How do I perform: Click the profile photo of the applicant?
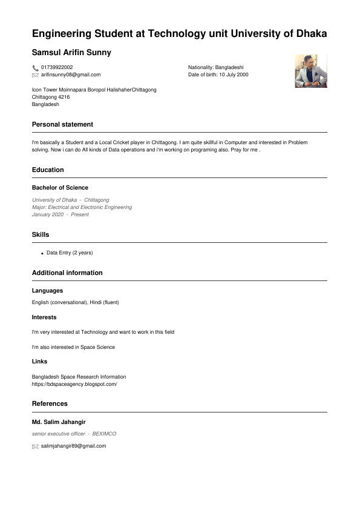pyautogui.click(x=310, y=71)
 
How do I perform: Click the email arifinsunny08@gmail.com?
pyautogui.click(x=71, y=75)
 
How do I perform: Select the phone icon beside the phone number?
pyautogui.click(x=35, y=68)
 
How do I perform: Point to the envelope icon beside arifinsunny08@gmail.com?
pyautogui.click(x=35, y=75)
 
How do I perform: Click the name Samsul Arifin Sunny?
pyautogui.click(x=71, y=53)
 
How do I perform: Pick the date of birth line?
pyautogui.click(x=218, y=75)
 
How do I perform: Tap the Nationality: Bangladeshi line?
pyautogui.click(x=215, y=67)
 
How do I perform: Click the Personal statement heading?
pyautogui.click(x=62, y=124)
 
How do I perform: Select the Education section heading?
pyautogui.click(x=48, y=170)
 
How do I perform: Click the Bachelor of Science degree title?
pyautogui.click(x=60, y=188)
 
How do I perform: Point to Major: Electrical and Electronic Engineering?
pyautogui.click(x=82, y=207)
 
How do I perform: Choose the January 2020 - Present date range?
pyautogui.click(x=60, y=214)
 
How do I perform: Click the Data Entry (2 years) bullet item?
pyautogui.click(x=70, y=253)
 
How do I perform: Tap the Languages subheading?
pyautogui.click(x=47, y=291)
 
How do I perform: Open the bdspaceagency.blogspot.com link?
pyautogui.click(x=74, y=384)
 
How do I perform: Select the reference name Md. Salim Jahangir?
pyautogui.click(x=59, y=422)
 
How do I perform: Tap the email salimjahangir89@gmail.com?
pyautogui.click(x=73, y=446)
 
